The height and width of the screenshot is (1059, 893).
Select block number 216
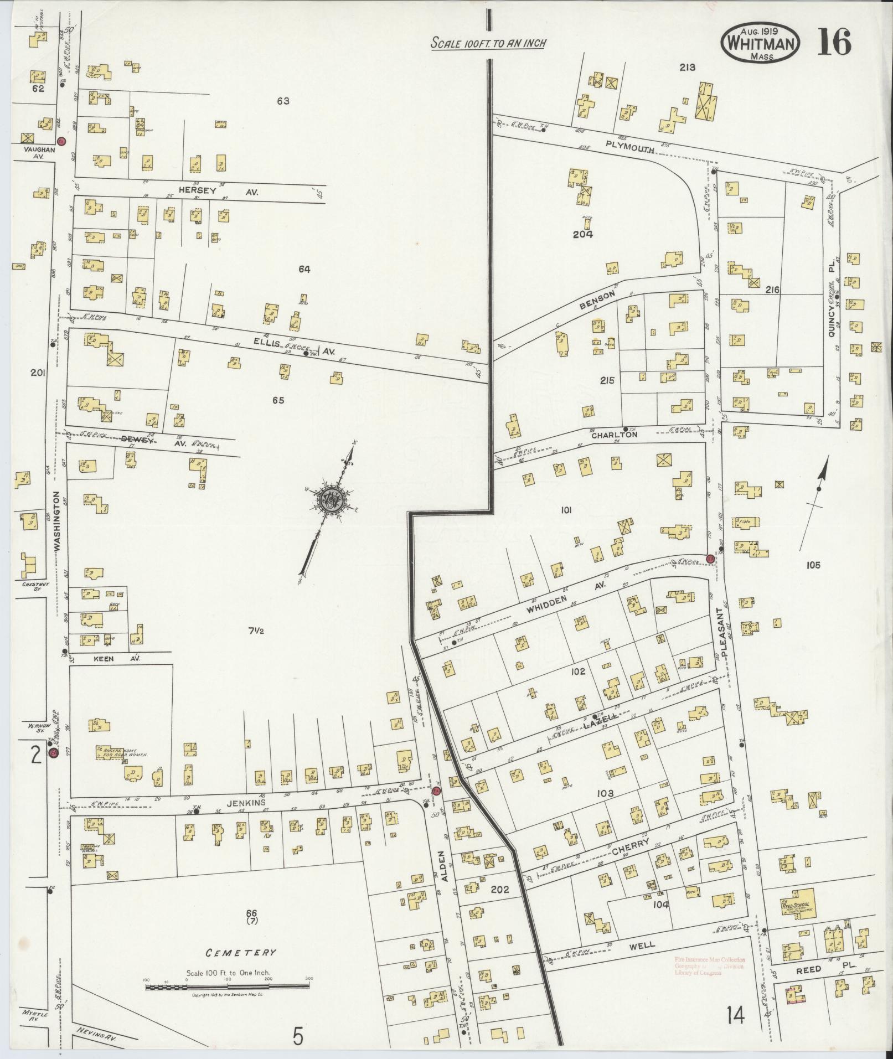pyautogui.click(x=772, y=290)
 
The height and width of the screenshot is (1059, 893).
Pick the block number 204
pyautogui.click(x=582, y=234)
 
